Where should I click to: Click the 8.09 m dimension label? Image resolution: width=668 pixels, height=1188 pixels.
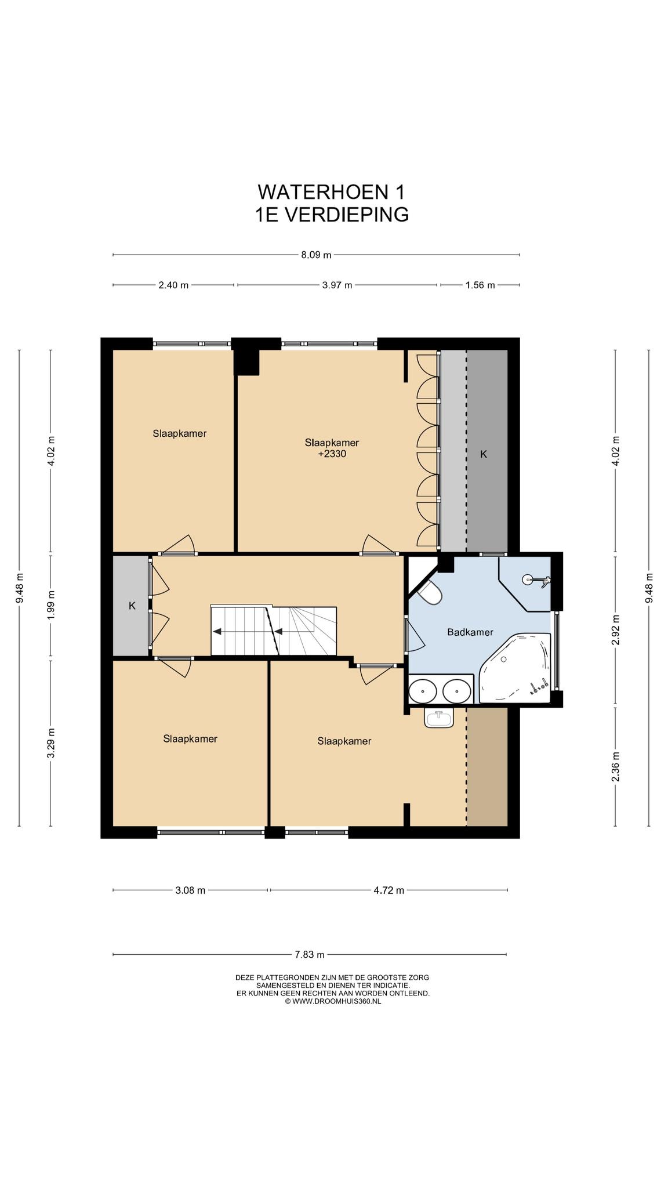tap(316, 255)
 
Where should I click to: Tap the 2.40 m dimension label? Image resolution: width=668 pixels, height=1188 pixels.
tap(173, 285)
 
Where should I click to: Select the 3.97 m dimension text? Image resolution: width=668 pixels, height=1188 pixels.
tap(337, 285)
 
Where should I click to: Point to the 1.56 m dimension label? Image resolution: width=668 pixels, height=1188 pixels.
tap(480, 285)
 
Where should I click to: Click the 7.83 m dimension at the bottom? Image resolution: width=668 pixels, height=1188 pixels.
tap(309, 954)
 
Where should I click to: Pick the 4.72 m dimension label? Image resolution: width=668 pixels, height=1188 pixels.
tap(389, 890)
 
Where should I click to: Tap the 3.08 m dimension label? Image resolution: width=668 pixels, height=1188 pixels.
tap(190, 890)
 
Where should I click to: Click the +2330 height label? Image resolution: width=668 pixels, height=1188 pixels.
tap(332, 454)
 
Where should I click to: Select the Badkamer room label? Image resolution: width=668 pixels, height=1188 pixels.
tap(470, 632)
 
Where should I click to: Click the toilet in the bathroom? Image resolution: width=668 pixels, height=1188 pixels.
tap(430, 592)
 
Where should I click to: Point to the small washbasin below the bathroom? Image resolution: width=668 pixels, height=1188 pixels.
tap(438, 719)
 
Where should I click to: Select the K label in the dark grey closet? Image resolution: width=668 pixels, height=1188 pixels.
tap(484, 454)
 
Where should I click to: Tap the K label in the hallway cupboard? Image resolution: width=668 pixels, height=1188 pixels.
tap(132, 606)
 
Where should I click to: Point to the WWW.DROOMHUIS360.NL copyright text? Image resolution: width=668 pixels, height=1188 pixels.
tap(333, 1001)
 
